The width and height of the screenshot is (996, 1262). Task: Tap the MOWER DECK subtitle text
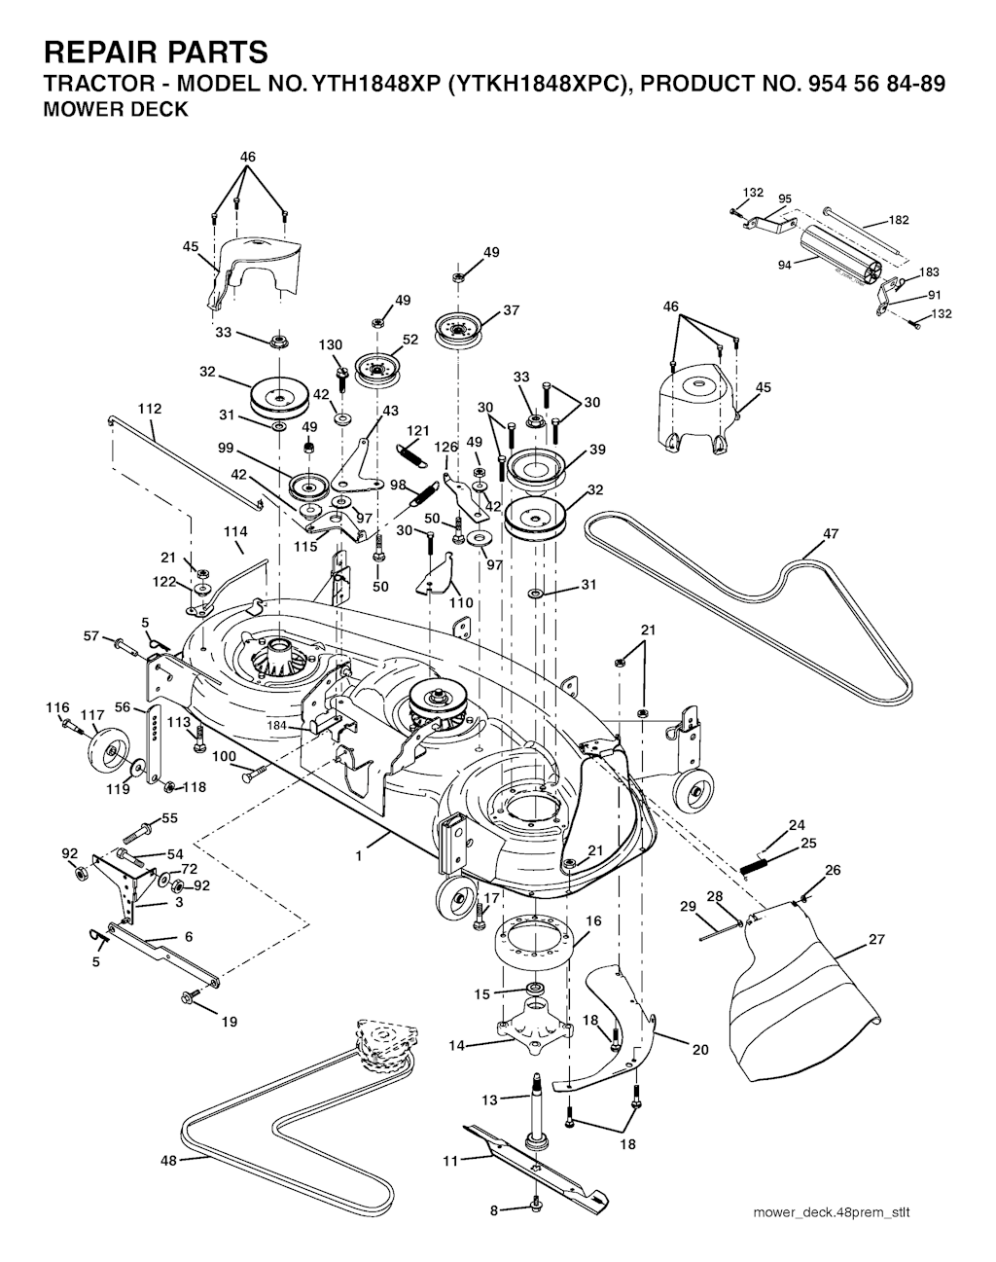117,109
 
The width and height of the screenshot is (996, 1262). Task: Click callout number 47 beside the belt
830,533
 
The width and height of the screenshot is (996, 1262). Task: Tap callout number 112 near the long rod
150,409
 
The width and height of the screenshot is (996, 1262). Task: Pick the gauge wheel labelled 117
105,750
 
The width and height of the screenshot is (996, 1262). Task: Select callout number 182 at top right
899,221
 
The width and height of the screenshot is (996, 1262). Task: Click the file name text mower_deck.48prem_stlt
832,1212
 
